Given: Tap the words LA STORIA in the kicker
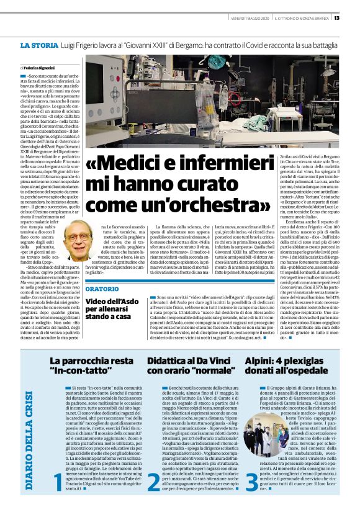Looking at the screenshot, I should [x=40, y=46].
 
